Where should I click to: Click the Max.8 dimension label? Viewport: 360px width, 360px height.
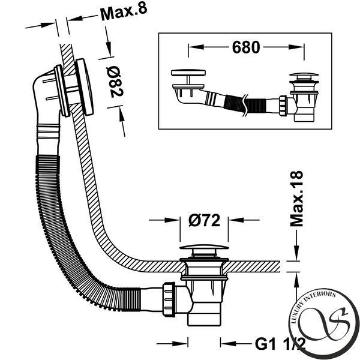[x=124, y=13]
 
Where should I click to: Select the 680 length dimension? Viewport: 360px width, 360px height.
[x=246, y=47]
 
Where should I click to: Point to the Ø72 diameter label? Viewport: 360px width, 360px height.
[x=204, y=220]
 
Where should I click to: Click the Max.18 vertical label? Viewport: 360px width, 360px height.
[x=296, y=199]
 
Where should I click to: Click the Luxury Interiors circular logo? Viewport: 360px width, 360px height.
[x=324, y=324]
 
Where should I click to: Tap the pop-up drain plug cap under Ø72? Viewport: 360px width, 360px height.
[x=204, y=247]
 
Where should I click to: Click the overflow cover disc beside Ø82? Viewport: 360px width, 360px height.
[x=85, y=87]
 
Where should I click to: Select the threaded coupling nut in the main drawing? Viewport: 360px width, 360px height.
[x=169, y=299]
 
